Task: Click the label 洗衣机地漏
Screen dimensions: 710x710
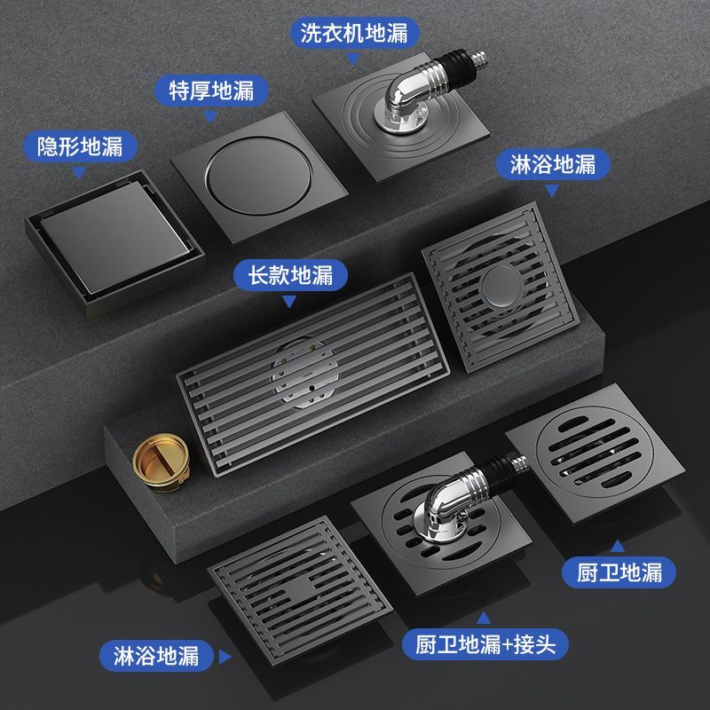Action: pyautogui.click(x=354, y=33)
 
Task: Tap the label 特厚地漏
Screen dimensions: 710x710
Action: pyautogui.click(x=211, y=91)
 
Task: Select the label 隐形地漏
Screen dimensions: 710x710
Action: pyautogui.click(x=80, y=146)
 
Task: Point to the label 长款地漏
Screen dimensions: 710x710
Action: pyautogui.click(x=290, y=275)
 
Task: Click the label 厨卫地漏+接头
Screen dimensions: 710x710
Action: pyautogui.click(x=485, y=644)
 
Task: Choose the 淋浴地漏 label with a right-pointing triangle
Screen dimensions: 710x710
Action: pyautogui.click(x=156, y=656)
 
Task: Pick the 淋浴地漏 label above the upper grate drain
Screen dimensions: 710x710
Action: pyautogui.click(x=553, y=164)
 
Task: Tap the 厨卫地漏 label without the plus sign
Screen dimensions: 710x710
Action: pyautogui.click(x=619, y=572)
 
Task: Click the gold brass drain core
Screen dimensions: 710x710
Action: pyautogui.click(x=162, y=461)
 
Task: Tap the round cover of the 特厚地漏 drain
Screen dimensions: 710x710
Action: pyautogui.click(x=258, y=177)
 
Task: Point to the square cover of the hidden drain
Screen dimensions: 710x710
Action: pyautogui.click(x=115, y=236)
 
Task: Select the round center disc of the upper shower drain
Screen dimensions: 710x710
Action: pyautogui.click(x=501, y=286)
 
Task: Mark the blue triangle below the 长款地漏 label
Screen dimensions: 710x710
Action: pyautogui.click(x=289, y=301)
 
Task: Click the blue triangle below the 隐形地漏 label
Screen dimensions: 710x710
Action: pyautogui.click(x=79, y=172)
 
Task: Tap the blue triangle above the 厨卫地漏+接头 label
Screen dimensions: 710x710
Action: pyautogui.click(x=484, y=618)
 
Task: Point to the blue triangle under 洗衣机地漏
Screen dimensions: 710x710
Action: pyautogui.click(x=353, y=59)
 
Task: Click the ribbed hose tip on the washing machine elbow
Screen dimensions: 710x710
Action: pyautogui.click(x=479, y=58)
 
